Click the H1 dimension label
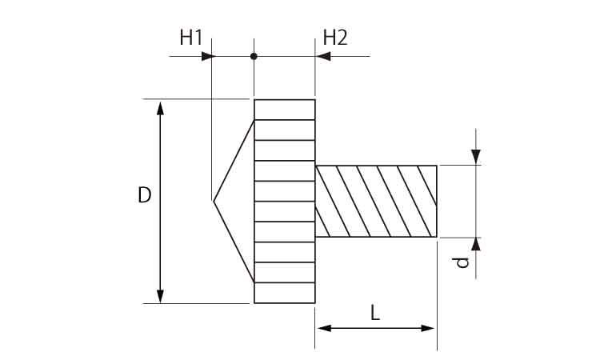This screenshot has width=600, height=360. (191, 38)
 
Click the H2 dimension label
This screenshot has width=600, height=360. (335, 38)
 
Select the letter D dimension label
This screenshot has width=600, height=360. (144, 195)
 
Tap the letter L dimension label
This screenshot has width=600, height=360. (375, 312)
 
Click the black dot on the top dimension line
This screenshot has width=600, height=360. (254, 56)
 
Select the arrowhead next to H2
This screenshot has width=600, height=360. (322, 56)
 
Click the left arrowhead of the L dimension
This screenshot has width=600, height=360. (323, 327)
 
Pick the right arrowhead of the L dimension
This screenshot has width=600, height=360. (429, 327)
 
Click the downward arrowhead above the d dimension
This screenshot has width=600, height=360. (476, 158)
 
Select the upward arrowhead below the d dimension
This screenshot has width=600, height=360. (476, 245)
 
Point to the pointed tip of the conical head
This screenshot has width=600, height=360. (213, 200)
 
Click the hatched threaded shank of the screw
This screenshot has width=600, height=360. (376, 201)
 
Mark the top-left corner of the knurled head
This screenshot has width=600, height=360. (254, 100)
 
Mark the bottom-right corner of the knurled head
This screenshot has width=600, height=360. (315, 303)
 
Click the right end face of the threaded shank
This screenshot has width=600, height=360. (437, 201)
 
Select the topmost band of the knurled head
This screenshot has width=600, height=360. (285, 110)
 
